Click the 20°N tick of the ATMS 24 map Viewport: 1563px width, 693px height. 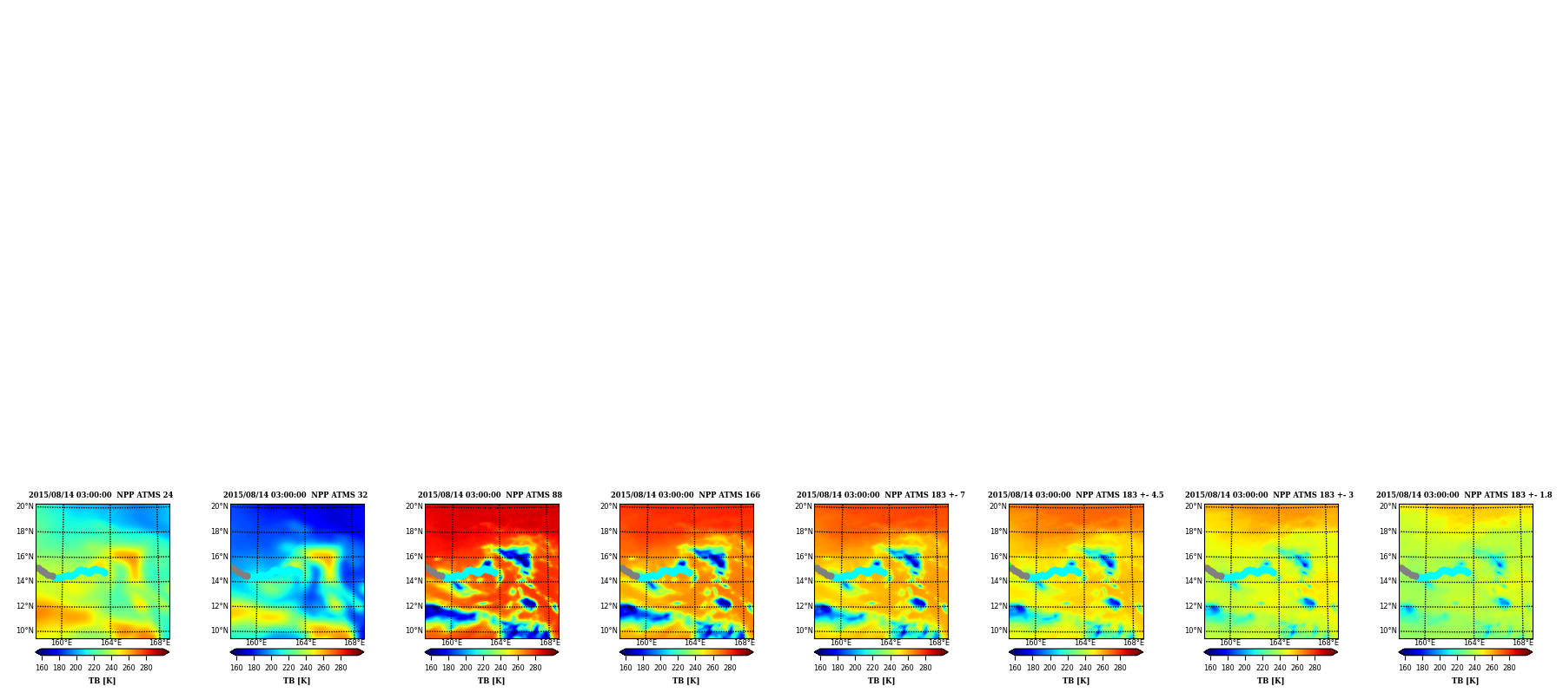click(24, 506)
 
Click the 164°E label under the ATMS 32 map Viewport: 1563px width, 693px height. click(305, 643)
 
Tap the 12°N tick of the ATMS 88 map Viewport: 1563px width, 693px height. click(414, 606)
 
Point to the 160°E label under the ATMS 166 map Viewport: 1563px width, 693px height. click(646, 643)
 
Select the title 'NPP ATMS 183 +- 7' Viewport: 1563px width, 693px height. click(924, 495)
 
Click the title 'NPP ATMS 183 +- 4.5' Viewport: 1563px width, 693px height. click(1119, 495)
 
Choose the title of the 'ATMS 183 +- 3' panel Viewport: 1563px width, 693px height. click(1313, 495)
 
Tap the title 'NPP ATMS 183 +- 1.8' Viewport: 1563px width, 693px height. click(1507, 495)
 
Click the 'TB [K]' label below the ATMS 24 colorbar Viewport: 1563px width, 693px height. click(102, 681)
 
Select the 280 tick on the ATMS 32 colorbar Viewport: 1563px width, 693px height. click(341, 668)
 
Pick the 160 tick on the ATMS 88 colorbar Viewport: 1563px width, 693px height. click(431, 668)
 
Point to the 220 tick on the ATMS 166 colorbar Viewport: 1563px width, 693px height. click(678, 668)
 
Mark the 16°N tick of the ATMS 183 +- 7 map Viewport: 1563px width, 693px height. click(803, 557)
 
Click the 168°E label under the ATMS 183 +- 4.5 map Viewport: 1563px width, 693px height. click(1133, 643)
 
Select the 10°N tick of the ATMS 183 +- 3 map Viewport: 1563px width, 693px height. click(1193, 630)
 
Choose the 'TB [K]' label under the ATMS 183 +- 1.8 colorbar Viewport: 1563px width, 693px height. click(1465, 681)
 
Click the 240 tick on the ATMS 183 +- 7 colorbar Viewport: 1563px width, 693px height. click(890, 668)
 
